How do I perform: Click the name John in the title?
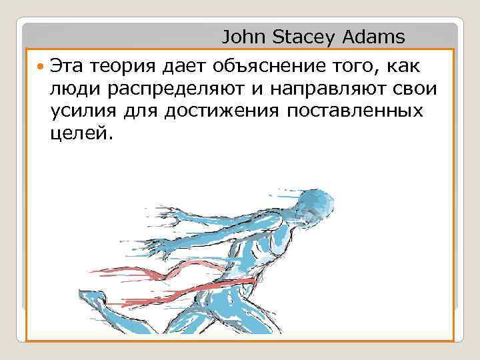244,35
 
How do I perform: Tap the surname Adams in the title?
377,35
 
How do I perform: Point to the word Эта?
68,66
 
